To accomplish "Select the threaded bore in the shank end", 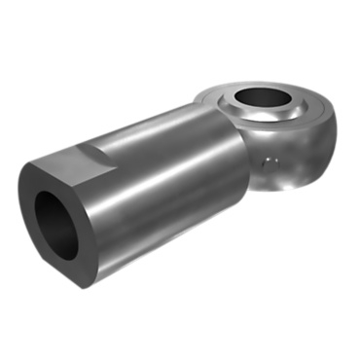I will pyautogui.click(x=55, y=221).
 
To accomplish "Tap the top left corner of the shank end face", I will pyautogui.click(x=29, y=170).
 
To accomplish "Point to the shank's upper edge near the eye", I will pyautogui.click(x=209, y=110).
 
